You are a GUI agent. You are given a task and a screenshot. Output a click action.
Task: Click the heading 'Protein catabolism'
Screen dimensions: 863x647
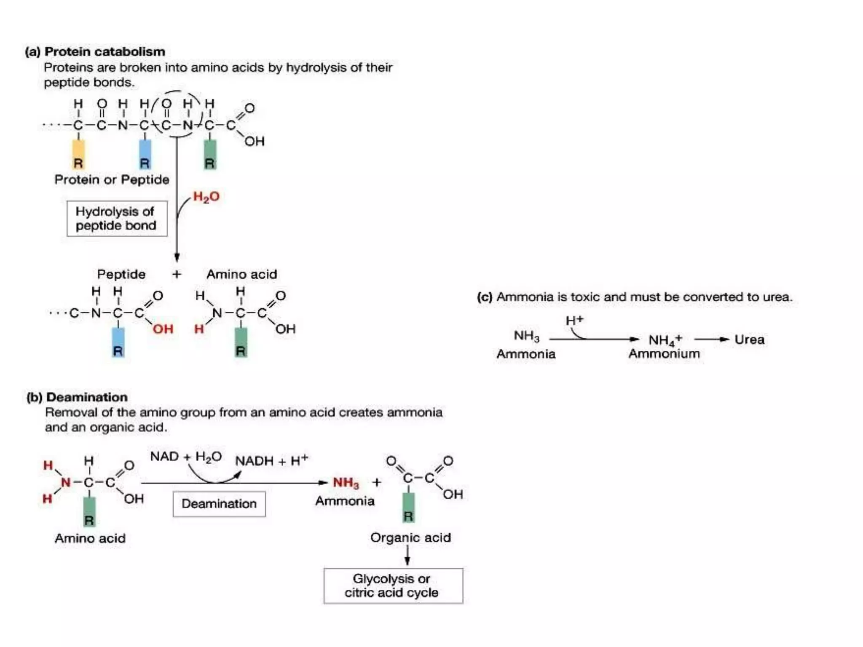(105, 52)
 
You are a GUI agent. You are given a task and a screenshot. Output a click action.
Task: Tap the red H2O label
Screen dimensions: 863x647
(206, 197)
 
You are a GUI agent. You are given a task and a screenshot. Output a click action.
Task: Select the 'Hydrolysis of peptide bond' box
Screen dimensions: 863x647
(117, 218)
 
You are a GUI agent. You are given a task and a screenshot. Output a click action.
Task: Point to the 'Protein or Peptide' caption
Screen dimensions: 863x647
(112, 180)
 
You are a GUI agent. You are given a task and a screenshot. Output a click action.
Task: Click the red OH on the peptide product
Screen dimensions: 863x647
(163, 329)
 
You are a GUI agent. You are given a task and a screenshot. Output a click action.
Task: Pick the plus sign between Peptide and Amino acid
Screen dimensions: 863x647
(177, 274)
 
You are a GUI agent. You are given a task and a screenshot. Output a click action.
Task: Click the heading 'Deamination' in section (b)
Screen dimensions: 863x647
(87, 397)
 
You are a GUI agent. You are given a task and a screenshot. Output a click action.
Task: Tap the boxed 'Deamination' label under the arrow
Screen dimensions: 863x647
(219, 504)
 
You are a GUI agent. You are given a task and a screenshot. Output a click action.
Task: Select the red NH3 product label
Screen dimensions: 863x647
(346, 483)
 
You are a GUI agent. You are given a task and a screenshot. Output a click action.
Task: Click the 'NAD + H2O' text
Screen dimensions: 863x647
(186, 457)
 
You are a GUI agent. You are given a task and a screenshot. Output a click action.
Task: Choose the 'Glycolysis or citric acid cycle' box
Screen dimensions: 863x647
(393, 586)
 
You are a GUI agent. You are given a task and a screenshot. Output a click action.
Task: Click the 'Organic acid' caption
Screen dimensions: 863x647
(411, 537)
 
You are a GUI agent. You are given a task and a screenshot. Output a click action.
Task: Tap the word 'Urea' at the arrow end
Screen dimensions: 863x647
(749, 340)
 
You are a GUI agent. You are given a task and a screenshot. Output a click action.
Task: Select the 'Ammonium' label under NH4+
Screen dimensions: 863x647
(664, 353)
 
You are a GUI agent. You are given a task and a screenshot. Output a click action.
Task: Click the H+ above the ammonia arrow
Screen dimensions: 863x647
(574, 320)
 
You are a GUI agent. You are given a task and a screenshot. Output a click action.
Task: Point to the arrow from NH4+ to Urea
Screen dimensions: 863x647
(712, 340)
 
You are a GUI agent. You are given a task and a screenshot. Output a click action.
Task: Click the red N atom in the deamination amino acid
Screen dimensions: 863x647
(66, 482)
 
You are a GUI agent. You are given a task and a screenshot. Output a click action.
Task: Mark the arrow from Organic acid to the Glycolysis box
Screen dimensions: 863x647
(407, 555)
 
